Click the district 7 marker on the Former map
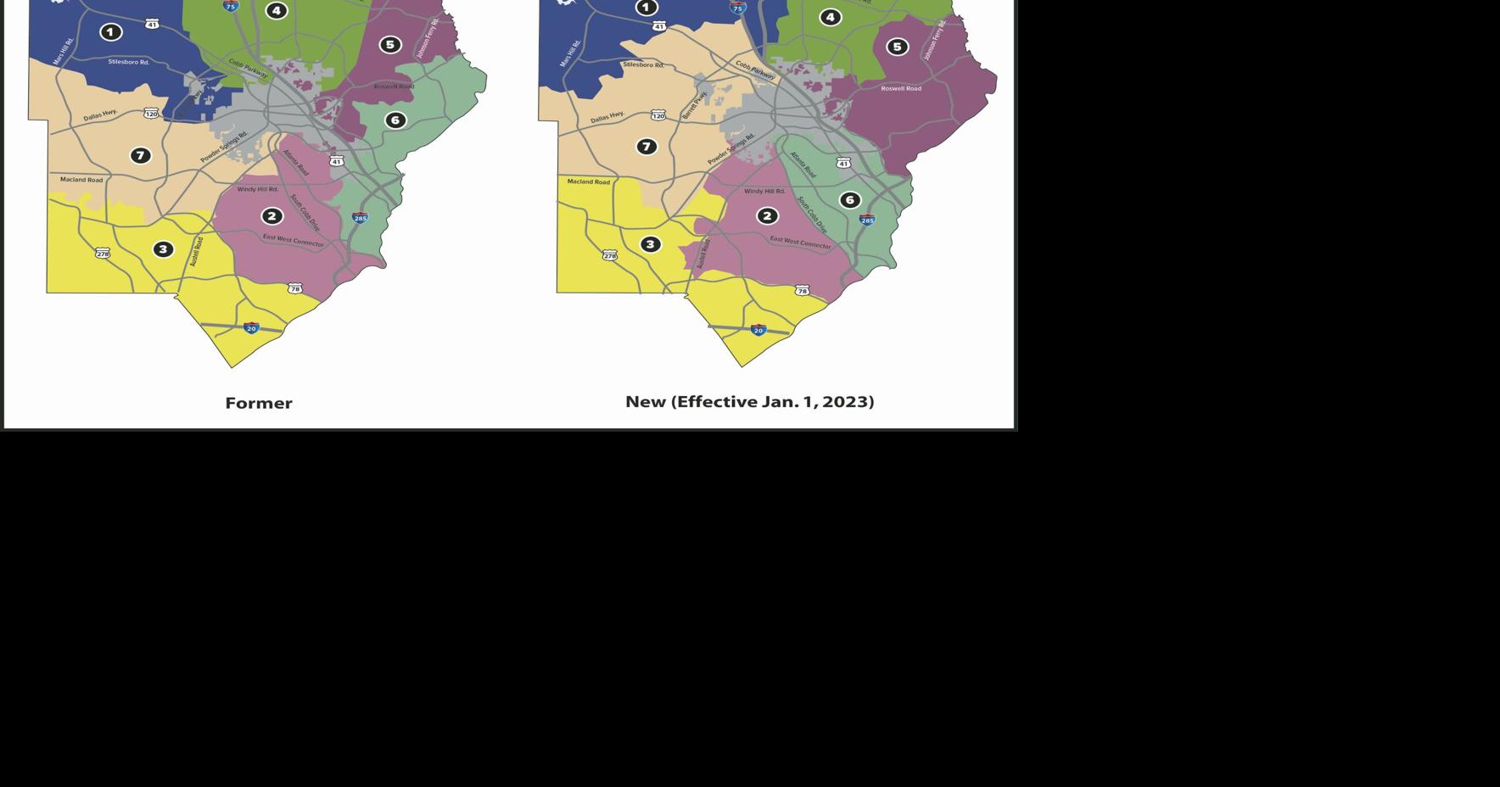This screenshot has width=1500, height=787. click(141, 155)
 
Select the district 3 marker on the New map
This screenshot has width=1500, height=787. click(650, 244)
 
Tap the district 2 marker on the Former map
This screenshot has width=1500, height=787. click(271, 216)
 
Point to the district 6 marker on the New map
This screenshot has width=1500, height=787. click(849, 200)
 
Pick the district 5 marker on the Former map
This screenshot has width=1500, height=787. click(389, 44)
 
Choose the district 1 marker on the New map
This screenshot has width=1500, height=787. click(646, 8)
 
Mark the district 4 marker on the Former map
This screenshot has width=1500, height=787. click(276, 10)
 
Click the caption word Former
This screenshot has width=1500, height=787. click(259, 404)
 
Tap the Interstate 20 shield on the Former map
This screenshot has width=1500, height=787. click(251, 328)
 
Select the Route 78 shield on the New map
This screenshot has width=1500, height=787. click(802, 291)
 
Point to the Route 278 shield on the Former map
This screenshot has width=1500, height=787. click(103, 254)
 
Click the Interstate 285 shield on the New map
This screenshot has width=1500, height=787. click(867, 220)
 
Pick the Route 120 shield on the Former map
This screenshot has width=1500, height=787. click(151, 114)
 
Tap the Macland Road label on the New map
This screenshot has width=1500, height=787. click(589, 181)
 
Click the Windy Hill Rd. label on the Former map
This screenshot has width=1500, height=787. click(257, 189)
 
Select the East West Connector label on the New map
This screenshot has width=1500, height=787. click(800, 242)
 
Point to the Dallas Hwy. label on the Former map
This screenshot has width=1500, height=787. click(100, 115)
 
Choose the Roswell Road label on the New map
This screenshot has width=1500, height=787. click(901, 88)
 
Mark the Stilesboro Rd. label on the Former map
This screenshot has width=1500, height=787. click(128, 62)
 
